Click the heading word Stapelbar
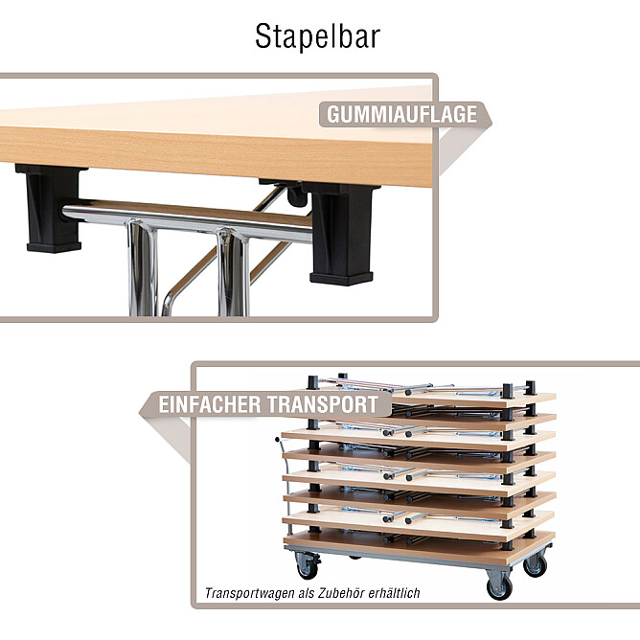click(x=317, y=36)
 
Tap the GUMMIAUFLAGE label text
click(x=401, y=114)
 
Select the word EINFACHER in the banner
click(x=210, y=404)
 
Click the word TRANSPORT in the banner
click(x=323, y=404)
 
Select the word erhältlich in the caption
click(x=394, y=593)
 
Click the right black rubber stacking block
click(x=342, y=234)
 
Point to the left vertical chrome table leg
click(x=142, y=267)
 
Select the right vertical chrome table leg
click(x=233, y=271)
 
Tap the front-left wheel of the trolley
click(x=307, y=565)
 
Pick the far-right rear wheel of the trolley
click(x=536, y=564)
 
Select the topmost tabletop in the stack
click(x=473, y=399)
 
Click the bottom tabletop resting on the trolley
click(x=419, y=542)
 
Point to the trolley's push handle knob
click(x=278, y=440)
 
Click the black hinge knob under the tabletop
click(x=297, y=196)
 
